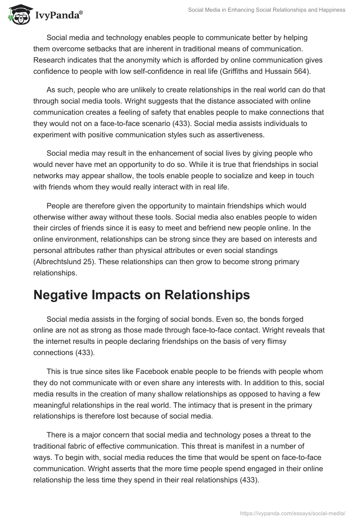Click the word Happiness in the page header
point(330,10)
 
